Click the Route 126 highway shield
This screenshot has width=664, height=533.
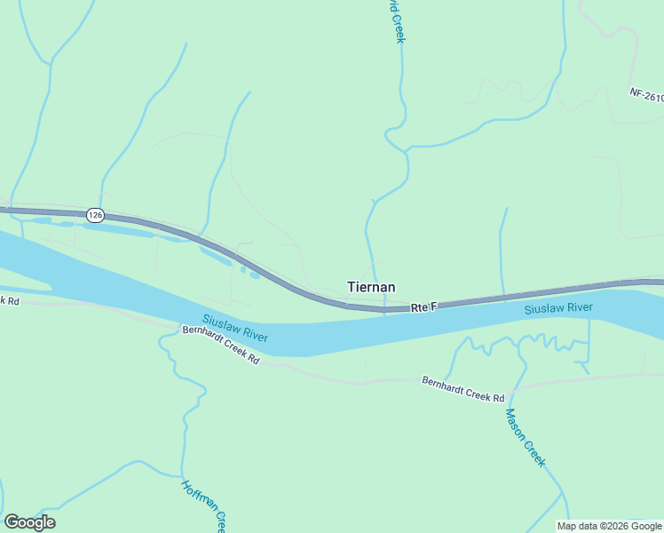(x=96, y=215)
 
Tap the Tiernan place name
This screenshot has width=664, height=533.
(x=370, y=287)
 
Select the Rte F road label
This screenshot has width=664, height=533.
(x=424, y=307)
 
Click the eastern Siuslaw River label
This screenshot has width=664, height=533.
(x=558, y=308)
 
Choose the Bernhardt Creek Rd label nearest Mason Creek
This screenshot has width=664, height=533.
(x=462, y=389)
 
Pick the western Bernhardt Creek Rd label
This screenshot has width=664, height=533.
(x=221, y=345)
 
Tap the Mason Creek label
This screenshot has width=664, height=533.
(x=525, y=437)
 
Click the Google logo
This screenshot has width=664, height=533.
(x=29, y=522)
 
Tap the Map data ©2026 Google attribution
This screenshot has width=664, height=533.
(x=609, y=526)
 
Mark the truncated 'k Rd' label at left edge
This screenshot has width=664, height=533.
(x=9, y=300)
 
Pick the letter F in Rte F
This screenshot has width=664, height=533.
(x=434, y=306)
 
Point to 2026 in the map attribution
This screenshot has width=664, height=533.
(x=616, y=526)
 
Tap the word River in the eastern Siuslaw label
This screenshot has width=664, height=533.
(x=579, y=307)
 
